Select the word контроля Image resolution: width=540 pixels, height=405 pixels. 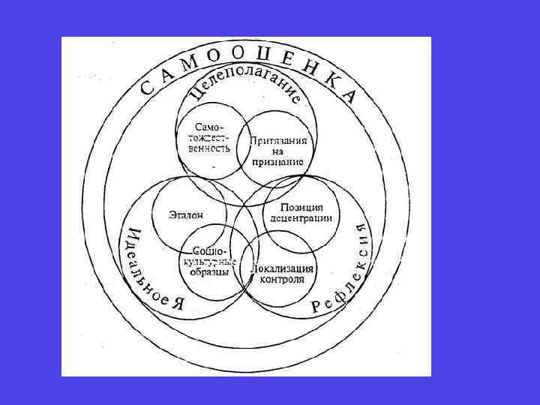pyautogui.click(x=282, y=279)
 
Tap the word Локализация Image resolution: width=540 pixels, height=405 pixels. pyautogui.click(x=283, y=268)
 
